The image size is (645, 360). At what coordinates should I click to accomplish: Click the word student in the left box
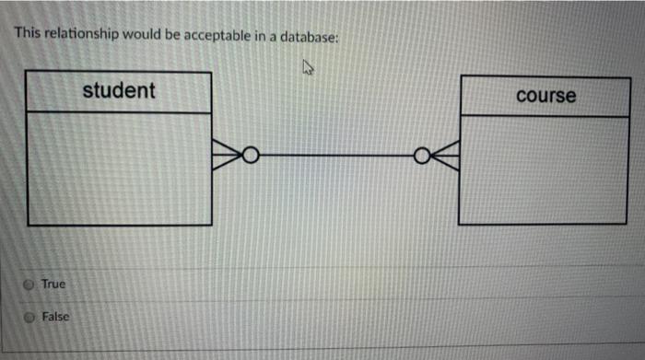pyautogui.click(x=119, y=90)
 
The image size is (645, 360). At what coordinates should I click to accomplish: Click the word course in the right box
pyautogui.click(x=545, y=96)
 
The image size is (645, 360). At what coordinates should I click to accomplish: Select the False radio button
pyautogui.click(x=29, y=317)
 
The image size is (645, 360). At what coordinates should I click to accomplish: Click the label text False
pyautogui.click(x=54, y=317)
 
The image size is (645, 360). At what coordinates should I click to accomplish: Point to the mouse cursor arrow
pyautogui.click(x=308, y=66)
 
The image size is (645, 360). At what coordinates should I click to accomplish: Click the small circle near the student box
pyautogui.click(x=250, y=156)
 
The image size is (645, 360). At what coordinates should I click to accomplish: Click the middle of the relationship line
pyautogui.click(x=335, y=157)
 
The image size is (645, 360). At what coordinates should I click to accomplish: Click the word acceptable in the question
pyautogui.click(x=221, y=36)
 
